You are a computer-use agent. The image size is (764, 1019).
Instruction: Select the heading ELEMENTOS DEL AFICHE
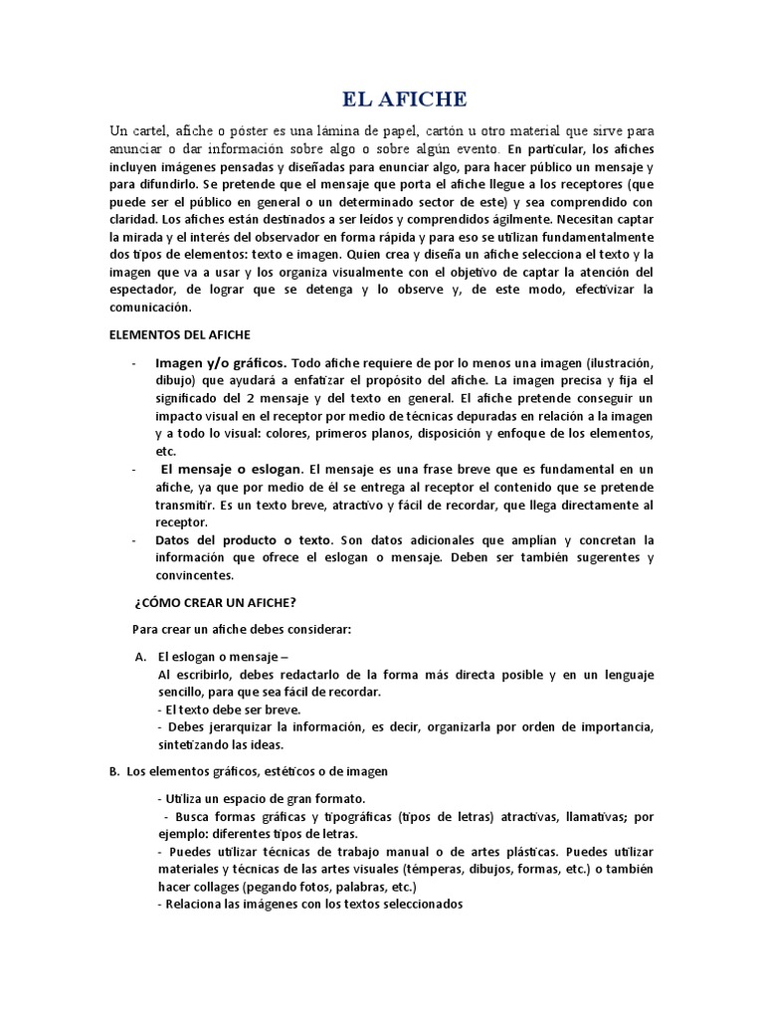[x=179, y=335]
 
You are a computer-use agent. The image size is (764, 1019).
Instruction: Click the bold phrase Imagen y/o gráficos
[x=221, y=362]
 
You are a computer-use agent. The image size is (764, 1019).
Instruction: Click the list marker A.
[x=140, y=657]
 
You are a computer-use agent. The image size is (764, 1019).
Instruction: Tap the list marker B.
[x=113, y=771]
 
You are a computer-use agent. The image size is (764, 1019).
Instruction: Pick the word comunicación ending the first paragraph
[x=153, y=308]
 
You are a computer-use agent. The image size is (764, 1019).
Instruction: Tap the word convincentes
[x=194, y=575]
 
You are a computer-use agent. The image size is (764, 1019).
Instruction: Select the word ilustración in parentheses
[x=615, y=362]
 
